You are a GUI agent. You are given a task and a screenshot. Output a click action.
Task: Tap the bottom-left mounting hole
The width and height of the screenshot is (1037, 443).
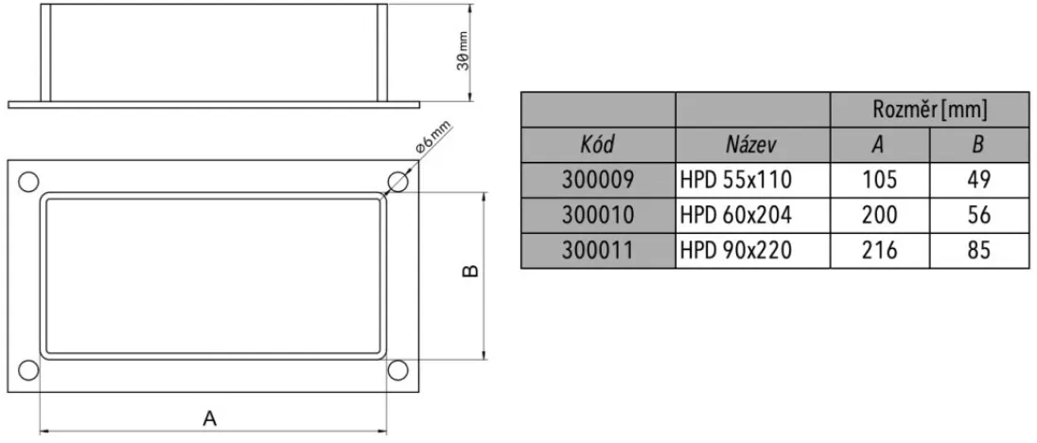pyautogui.click(x=28, y=370)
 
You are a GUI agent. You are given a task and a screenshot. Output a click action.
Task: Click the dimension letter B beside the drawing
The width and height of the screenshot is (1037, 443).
pyautogui.click(x=471, y=272)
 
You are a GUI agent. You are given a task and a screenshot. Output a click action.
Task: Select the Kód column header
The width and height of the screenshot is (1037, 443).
pyautogui.click(x=598, y=145)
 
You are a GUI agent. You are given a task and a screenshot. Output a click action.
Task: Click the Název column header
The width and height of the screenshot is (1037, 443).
pyautogui.click(x=751, y=145)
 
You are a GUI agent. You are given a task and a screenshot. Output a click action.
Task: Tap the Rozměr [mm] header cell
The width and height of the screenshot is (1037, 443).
pyautogui.click(x=929, y=110)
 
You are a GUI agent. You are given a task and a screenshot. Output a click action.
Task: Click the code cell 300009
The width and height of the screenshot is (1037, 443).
pyautogui.click(x=598, y=180)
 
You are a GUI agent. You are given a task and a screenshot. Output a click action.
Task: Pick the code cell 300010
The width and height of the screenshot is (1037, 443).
pyautogui.click(x=598, y=215)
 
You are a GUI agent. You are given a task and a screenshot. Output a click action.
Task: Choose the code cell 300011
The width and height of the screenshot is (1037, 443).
pyautogui.click(x=598, y=250)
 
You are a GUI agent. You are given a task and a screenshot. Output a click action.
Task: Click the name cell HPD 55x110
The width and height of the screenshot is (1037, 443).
pyautogui.click(x=734, y=180)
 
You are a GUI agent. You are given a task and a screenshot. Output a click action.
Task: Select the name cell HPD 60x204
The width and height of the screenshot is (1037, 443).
pyautogui.click(x=734, y=215)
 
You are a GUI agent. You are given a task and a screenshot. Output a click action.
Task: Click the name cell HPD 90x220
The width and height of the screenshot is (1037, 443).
pyautogui.click(x=734, y=250)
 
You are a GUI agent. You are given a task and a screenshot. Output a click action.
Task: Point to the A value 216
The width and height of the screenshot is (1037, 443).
pyautogui.click(x=879, y=250)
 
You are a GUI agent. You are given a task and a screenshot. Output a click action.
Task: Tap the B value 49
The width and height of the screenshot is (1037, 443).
pyautogui.click(x=978, y=180)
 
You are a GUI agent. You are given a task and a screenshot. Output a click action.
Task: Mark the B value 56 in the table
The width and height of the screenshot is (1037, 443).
pyautogui.click(x=978, y=215)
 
